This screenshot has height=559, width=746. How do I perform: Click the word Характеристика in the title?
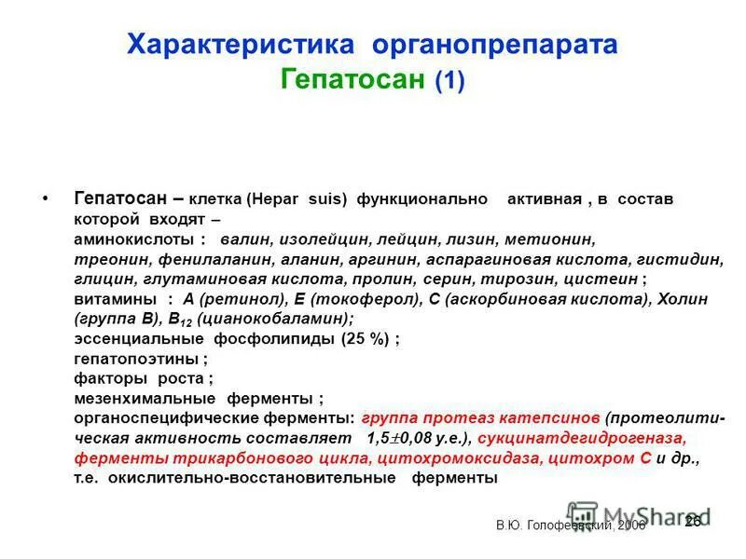pos(242,45)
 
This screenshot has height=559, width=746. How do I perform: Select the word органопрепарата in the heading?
pos(494,45)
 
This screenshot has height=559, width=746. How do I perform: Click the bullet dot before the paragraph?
pos(46,200)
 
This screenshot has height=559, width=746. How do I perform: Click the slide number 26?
pos(693,522)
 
